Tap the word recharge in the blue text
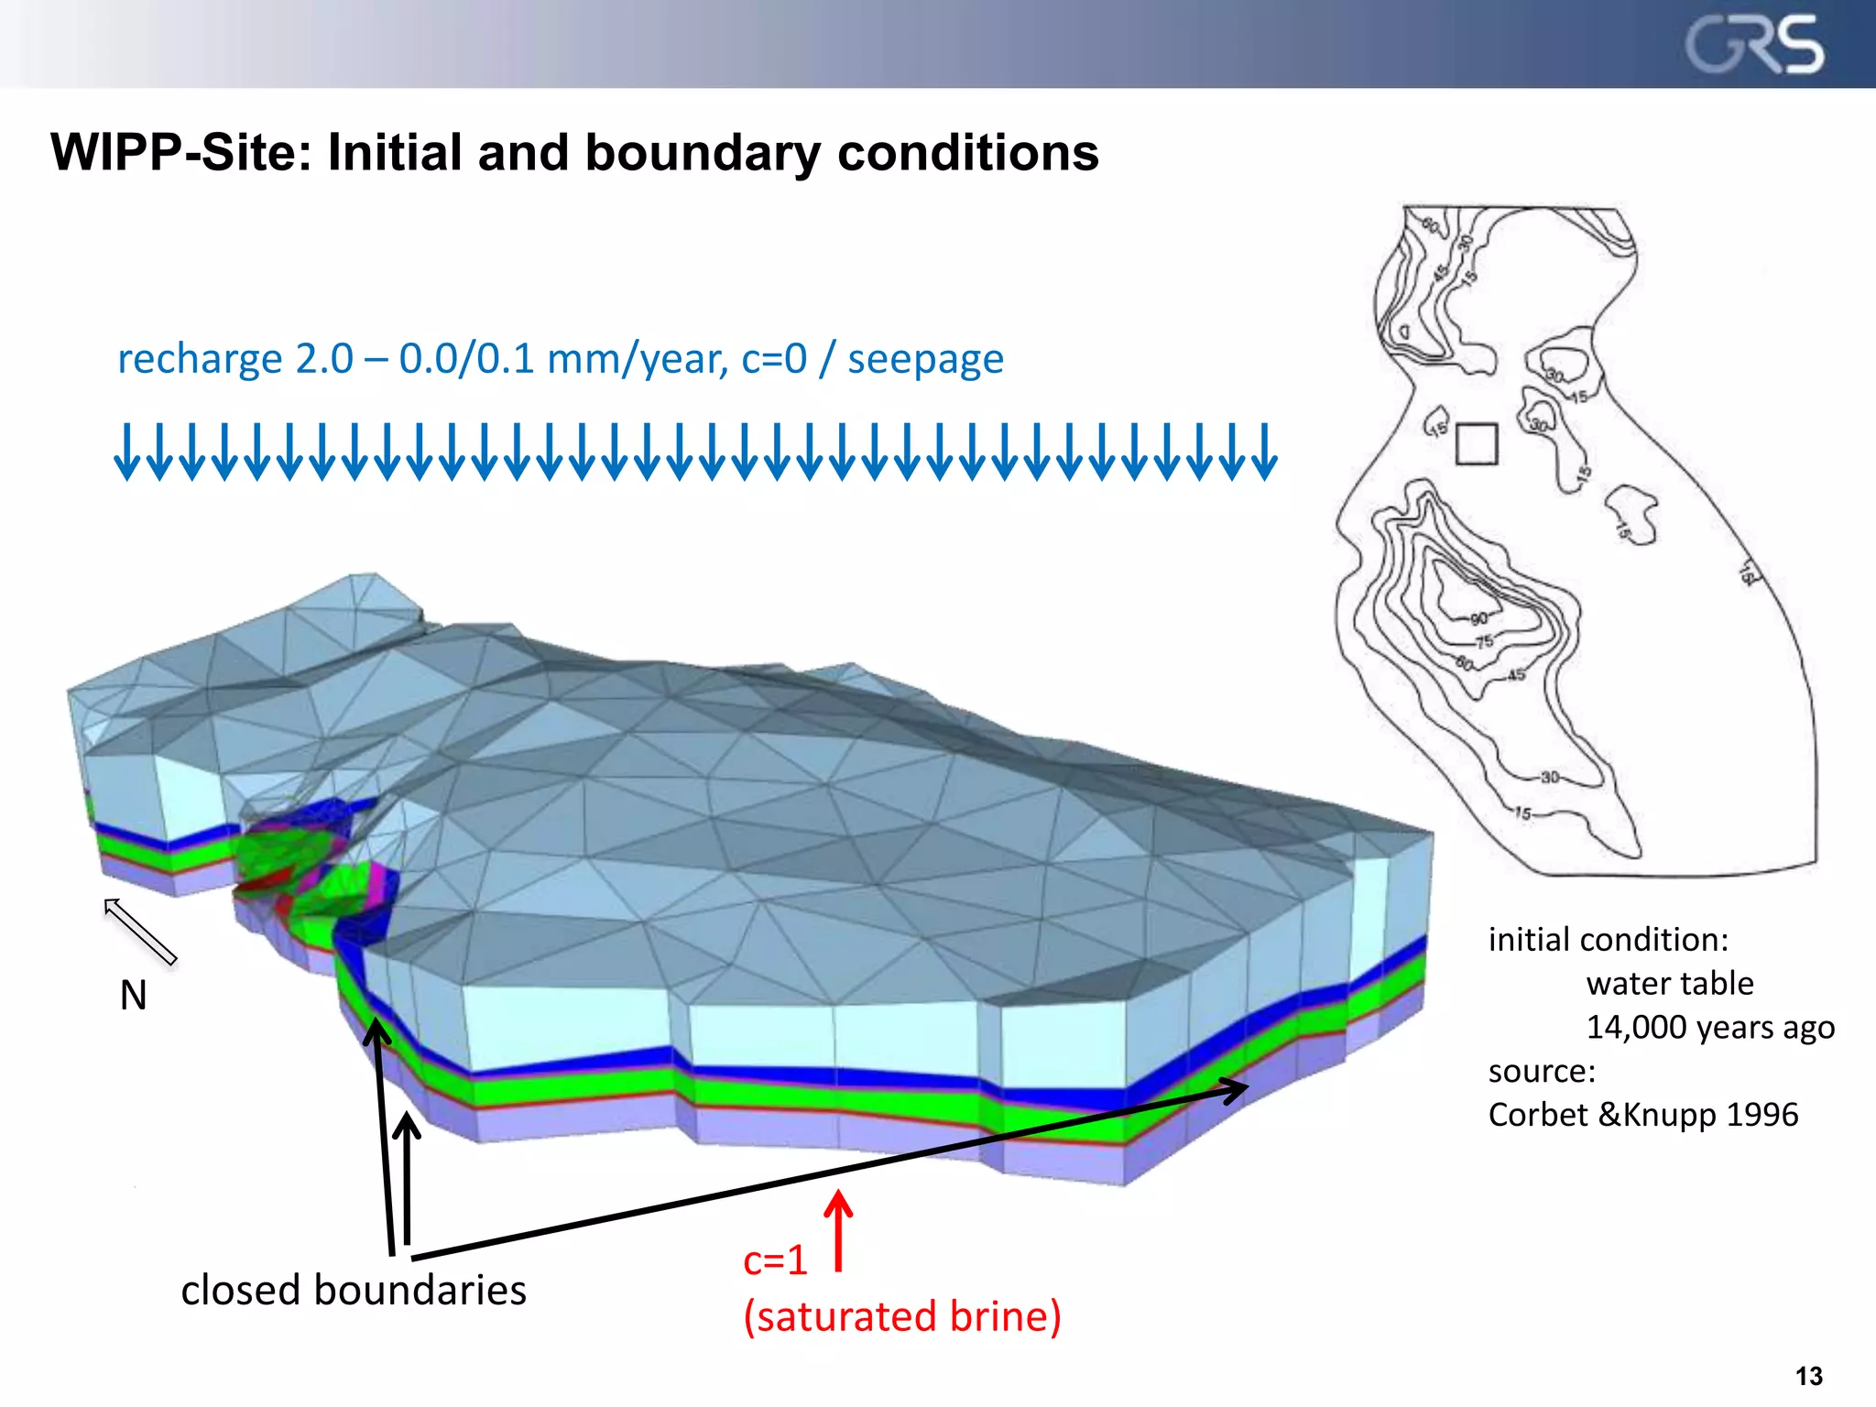click(199, 358)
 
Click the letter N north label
click(134, 995)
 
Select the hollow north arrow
click(139, 931)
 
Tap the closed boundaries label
click(354, 1290)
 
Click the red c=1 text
click(775, 1260)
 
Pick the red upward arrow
click(838, 1229)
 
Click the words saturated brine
click(902, 1316)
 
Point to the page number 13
click(1809, 1376)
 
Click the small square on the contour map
click(1477, 444)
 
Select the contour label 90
click(1478, 619)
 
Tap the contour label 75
click(1485, 641)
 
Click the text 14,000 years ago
click(1710, 1027)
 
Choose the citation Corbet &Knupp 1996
click(1643, 1115)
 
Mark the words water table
click(1670, 983)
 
